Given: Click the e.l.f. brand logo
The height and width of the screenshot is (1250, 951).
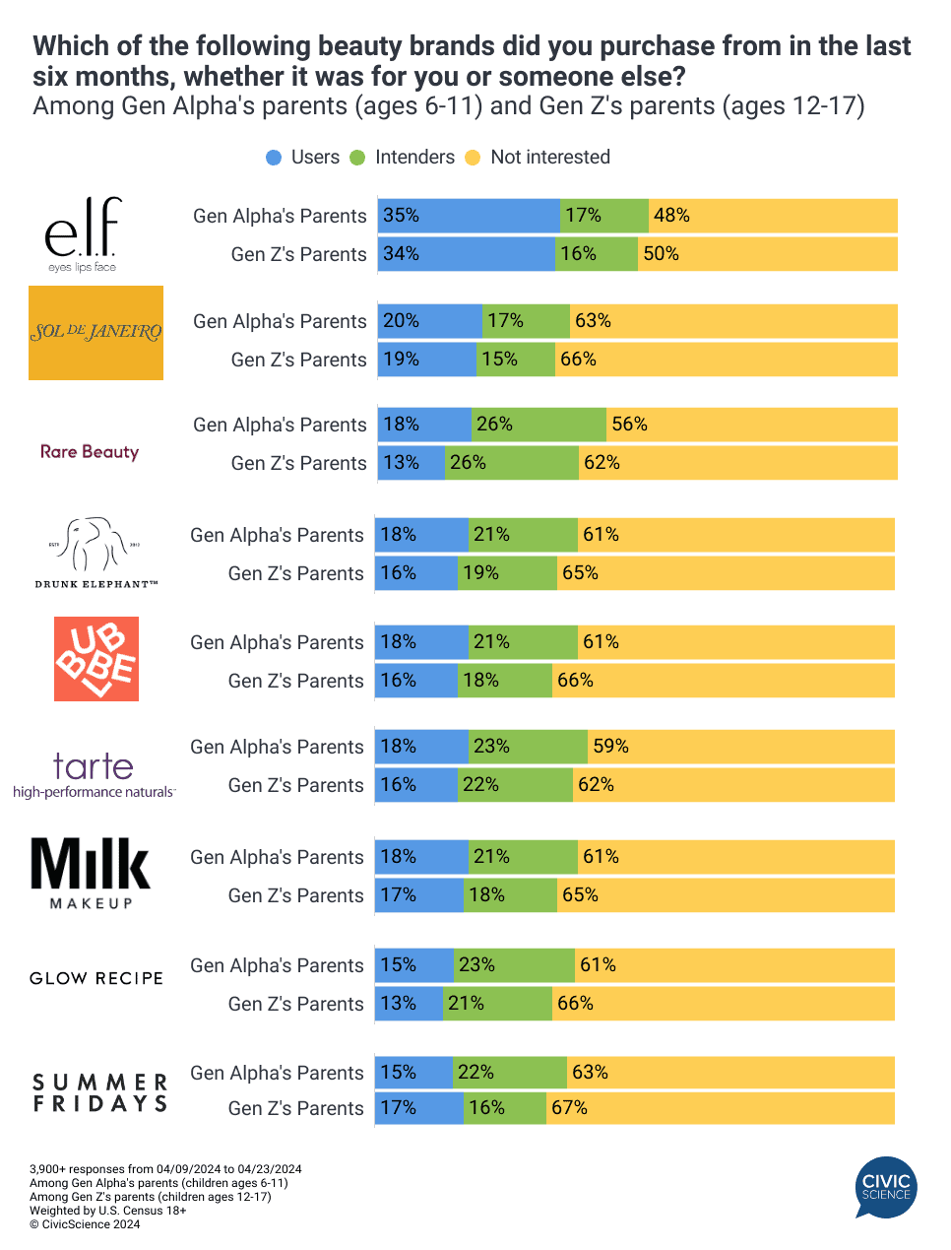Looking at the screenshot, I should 82,233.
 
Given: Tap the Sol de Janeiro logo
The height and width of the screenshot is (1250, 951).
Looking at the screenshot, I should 95,333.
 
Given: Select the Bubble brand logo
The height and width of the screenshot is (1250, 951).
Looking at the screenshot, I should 96,659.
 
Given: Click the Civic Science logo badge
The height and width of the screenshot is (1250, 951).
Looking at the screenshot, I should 886,1187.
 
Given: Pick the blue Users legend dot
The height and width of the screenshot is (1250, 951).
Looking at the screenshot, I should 274,158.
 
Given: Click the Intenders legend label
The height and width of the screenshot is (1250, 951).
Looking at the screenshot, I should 414,158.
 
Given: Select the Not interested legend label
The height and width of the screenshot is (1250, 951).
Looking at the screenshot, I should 549,158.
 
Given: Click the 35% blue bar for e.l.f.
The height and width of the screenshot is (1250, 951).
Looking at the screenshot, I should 469,216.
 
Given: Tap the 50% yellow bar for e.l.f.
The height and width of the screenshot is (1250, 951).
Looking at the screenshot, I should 768,254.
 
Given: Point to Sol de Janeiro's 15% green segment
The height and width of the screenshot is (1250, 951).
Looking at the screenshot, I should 516,360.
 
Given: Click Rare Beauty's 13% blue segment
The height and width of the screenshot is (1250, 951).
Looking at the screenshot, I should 411,463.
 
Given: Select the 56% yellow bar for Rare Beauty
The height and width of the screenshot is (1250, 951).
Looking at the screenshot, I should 752,425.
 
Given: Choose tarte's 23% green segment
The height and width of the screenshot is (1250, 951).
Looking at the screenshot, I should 528,747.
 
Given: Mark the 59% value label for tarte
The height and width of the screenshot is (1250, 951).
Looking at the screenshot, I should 610,747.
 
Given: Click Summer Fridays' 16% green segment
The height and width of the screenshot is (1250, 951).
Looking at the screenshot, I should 505,1108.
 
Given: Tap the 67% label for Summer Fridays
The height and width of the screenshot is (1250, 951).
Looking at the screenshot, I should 569,1108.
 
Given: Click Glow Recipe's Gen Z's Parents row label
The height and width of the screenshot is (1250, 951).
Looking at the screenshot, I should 295,1004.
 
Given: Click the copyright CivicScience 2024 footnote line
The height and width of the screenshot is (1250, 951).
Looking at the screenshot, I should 85,1224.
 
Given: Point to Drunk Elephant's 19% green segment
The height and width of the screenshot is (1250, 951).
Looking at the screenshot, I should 508,573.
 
